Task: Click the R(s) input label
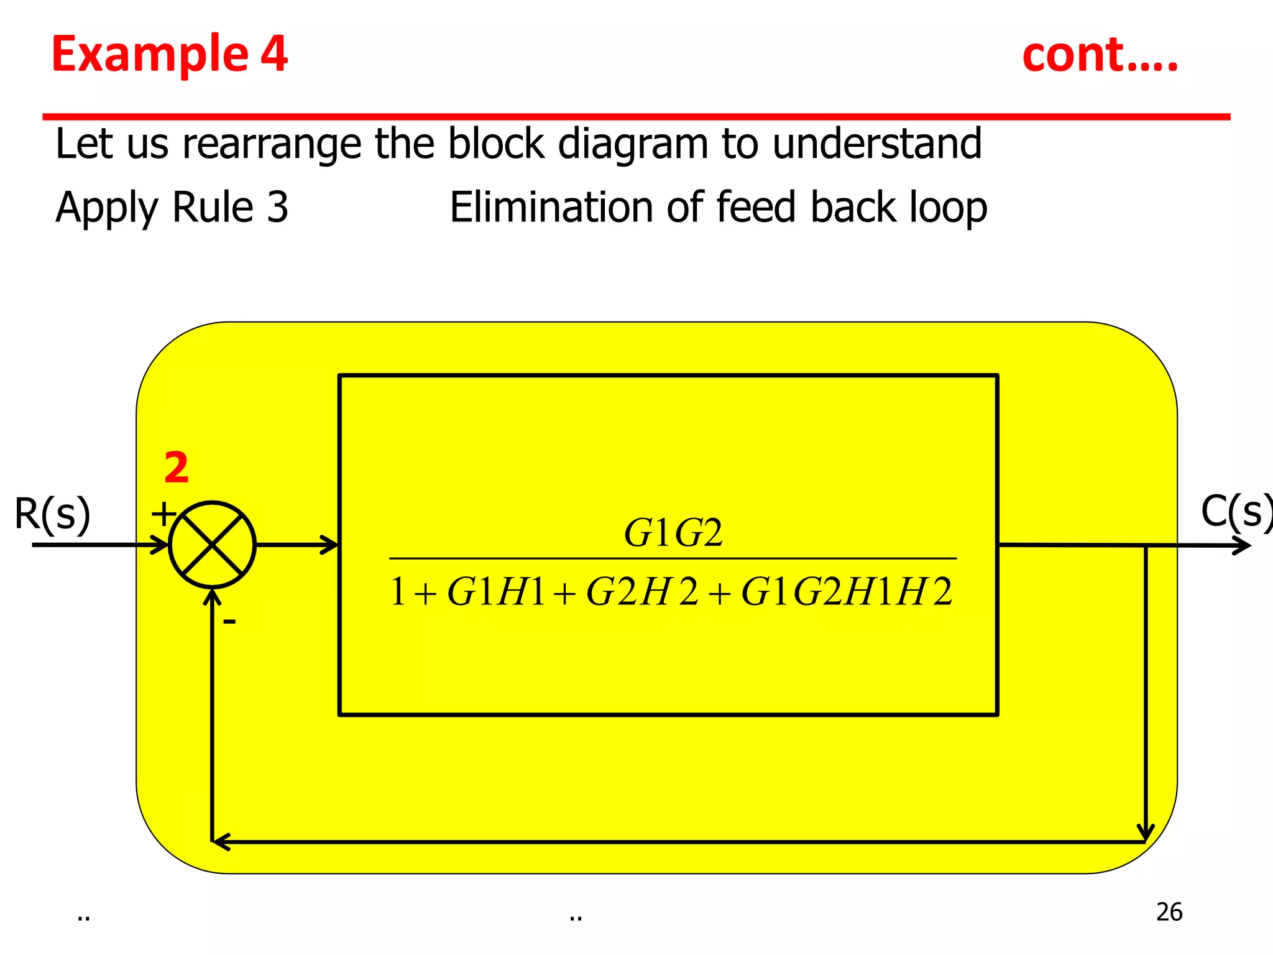52,514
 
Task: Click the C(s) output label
1234,512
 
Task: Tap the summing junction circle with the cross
212,545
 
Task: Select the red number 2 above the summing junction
177,468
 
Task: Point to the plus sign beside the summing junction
163,515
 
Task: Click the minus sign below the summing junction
229,621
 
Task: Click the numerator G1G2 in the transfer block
673,533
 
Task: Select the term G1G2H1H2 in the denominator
847,591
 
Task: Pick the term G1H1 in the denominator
495,591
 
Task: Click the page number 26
1169,912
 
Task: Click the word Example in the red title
150,54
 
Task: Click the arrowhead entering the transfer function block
329,545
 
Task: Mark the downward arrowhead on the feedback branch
1145,832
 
